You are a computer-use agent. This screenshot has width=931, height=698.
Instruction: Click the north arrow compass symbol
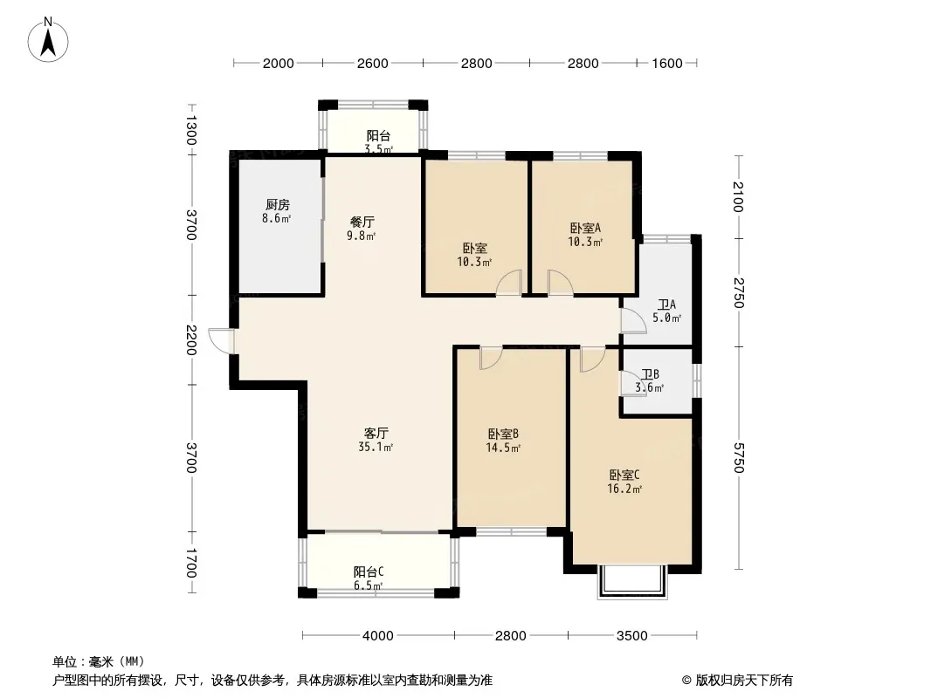click(48, 39)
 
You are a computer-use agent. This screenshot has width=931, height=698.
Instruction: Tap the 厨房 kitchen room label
click(277, 204)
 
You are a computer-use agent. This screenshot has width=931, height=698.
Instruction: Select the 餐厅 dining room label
click(362, 222)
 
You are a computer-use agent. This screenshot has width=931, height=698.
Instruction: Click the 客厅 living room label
click(376, 433)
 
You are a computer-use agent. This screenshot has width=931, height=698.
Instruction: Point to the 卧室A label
click(585, 228)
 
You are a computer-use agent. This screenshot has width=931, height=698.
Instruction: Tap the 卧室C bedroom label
click(624, 475)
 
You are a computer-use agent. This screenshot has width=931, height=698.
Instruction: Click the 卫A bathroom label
click(666, 305)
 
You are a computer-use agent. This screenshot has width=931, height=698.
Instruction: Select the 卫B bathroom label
click(650, 375)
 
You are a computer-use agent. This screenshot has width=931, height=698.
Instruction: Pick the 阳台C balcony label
click(369, 571)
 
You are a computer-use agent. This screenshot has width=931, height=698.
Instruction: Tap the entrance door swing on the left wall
click(221, 340)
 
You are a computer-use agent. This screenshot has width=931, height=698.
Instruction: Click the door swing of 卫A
click(633, 321)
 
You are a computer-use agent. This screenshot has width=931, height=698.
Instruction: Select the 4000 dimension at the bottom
click(377, 636)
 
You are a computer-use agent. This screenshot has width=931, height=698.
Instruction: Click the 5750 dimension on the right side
click(738, 458)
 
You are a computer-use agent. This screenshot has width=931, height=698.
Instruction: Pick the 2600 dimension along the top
click(372, 63)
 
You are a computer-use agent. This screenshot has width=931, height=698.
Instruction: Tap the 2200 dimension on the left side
click(190, 339)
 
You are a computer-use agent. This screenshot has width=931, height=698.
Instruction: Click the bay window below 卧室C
click(632, 582)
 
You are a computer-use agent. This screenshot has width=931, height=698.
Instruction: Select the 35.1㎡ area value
click(376, 447)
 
